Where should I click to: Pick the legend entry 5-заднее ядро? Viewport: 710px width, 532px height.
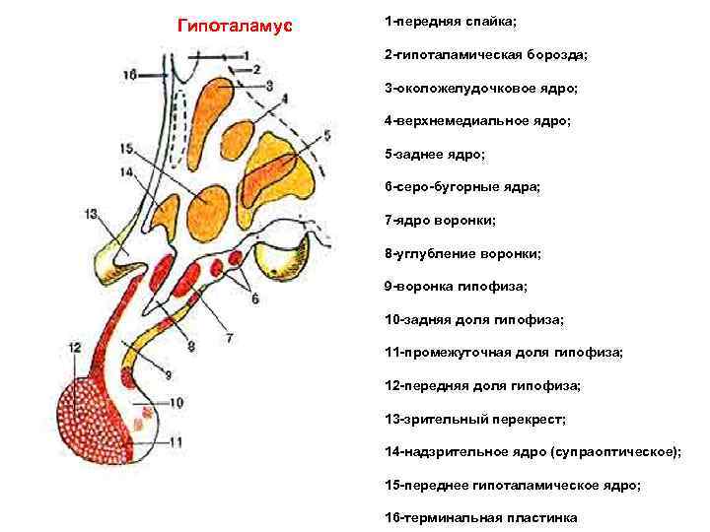tap(430, 154)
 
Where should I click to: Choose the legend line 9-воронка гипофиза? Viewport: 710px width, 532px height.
tap(456, 287)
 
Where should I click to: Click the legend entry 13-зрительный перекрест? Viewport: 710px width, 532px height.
tap(475, 419)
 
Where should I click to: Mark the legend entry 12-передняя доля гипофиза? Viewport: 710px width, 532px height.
tap(482, 385)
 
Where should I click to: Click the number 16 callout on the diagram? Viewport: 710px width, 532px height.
tap(131, 74)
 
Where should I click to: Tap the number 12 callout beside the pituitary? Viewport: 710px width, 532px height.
tap(76, 347)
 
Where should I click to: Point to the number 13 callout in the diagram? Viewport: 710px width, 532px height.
tap(92, 213)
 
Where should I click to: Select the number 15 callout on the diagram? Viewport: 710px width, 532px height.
tap(125, 148)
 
